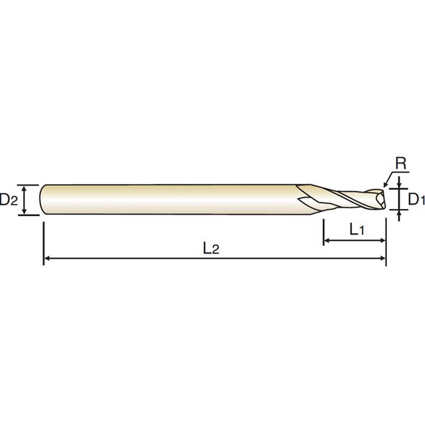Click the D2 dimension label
point(8,200)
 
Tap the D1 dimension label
point(416,200)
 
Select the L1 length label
point(357,229)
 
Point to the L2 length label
point(211,249)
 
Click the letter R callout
point(401,164)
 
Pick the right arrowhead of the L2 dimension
point(382,259)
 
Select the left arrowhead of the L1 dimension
point(327,240)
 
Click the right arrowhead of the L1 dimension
point(382,240)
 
